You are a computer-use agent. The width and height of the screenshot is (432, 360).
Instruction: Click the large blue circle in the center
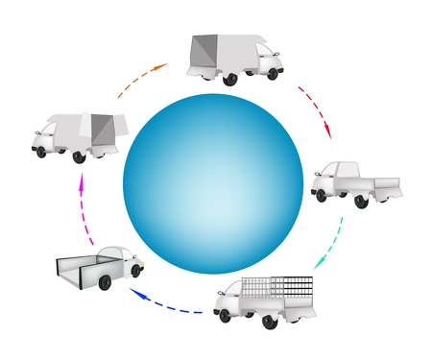tap(214, 182)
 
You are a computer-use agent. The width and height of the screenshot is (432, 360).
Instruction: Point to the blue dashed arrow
tap(163, 304)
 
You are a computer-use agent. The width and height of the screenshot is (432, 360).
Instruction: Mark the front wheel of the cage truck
tap(225, 315)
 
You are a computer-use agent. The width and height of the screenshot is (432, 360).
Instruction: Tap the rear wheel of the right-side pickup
tap(361, 201)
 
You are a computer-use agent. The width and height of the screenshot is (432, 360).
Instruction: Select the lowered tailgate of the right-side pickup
tap(390, 187)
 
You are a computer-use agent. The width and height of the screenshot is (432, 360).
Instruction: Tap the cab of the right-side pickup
tap(331, 177)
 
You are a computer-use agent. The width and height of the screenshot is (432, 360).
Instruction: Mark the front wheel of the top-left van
tap(40, 151)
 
